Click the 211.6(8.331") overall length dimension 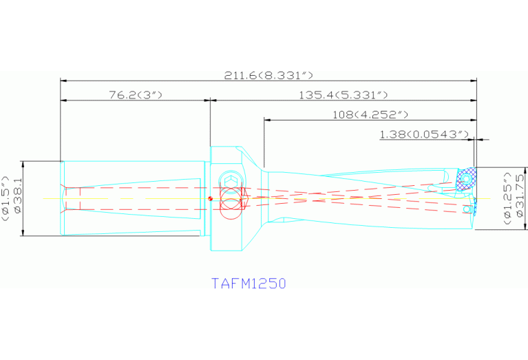(x=268, y=75)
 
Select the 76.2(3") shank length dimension (x=135, y=94)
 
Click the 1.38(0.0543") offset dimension (x=424, y=134)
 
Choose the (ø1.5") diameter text (x=6, y=199)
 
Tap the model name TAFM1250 (x=248, y=283)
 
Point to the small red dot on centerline (x=210, y=200)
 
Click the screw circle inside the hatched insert (x=467, y=179)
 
